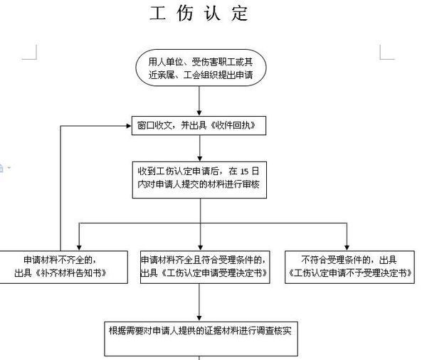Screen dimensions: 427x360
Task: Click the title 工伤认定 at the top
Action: (199, 13)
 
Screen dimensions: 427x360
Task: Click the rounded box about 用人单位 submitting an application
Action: (201, 68)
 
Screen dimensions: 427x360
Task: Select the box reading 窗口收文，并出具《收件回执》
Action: (199, 125)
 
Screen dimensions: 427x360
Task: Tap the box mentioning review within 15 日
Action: (199, 180)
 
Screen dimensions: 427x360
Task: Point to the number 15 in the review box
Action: (244, 171)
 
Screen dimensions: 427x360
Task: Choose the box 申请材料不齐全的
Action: (63, 267)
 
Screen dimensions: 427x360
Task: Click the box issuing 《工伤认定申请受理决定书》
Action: (205, 267)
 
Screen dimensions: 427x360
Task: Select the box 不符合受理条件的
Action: (349, 267)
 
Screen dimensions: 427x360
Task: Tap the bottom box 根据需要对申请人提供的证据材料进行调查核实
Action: (201, 339)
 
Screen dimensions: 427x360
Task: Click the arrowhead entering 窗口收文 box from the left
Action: (129, 126)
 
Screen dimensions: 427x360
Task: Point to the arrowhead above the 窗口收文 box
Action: (199, 112)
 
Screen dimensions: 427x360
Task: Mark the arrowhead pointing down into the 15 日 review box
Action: (200, 159)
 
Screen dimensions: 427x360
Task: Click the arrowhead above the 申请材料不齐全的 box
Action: (79, 248)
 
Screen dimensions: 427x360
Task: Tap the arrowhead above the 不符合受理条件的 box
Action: (347, 248)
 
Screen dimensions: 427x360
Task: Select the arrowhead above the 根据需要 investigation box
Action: (199, 318)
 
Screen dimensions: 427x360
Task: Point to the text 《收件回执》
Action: (233, 125)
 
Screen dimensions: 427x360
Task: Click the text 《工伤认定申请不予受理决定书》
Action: (350, 273)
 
